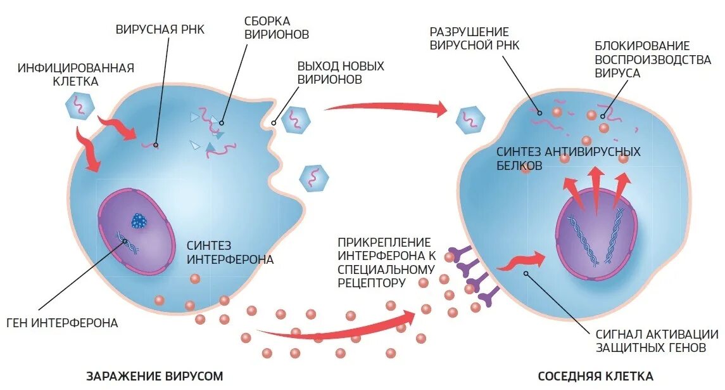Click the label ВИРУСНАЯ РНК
160,29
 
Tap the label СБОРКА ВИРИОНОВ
277,27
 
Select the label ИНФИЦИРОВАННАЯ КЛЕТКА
75,75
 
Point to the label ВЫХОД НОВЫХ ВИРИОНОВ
340,73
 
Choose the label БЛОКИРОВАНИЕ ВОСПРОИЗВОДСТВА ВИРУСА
641,59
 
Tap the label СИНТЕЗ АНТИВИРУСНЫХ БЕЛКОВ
568,159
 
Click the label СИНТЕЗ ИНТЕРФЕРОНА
230,252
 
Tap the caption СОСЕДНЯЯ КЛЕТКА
595,376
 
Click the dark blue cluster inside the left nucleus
139,221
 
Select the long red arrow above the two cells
386,109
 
